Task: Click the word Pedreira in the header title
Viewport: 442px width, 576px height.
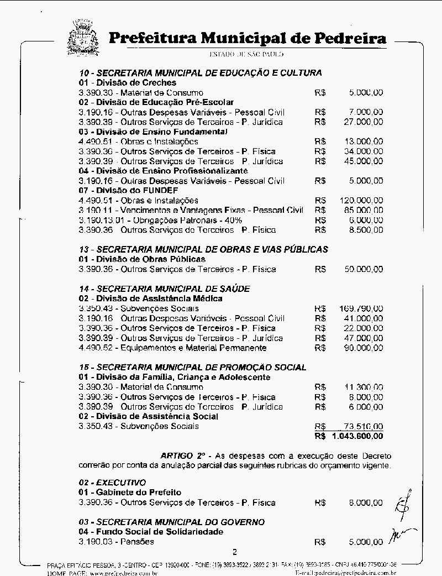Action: (350, 38)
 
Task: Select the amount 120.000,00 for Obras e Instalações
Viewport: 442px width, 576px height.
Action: (360, 200)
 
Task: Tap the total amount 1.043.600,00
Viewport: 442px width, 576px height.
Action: (357, 436)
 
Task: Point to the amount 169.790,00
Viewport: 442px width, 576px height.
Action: (360, 308)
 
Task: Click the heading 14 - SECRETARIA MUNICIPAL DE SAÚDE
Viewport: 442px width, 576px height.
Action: (164, 289)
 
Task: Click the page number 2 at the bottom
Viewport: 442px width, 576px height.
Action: (234, 551)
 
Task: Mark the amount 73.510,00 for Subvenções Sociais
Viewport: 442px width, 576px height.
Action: (363, 426)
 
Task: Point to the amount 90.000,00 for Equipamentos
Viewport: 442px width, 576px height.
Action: (363, 348)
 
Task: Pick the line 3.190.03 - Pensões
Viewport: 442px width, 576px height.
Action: (117, 542)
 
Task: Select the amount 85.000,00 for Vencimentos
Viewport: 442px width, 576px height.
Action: (363, 210)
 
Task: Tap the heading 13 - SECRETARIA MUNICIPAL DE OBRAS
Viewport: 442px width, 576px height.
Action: (203, 249)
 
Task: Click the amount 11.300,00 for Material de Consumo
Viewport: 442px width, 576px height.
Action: (363, 387)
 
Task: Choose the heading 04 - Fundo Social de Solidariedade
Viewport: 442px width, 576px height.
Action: (151, 532)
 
